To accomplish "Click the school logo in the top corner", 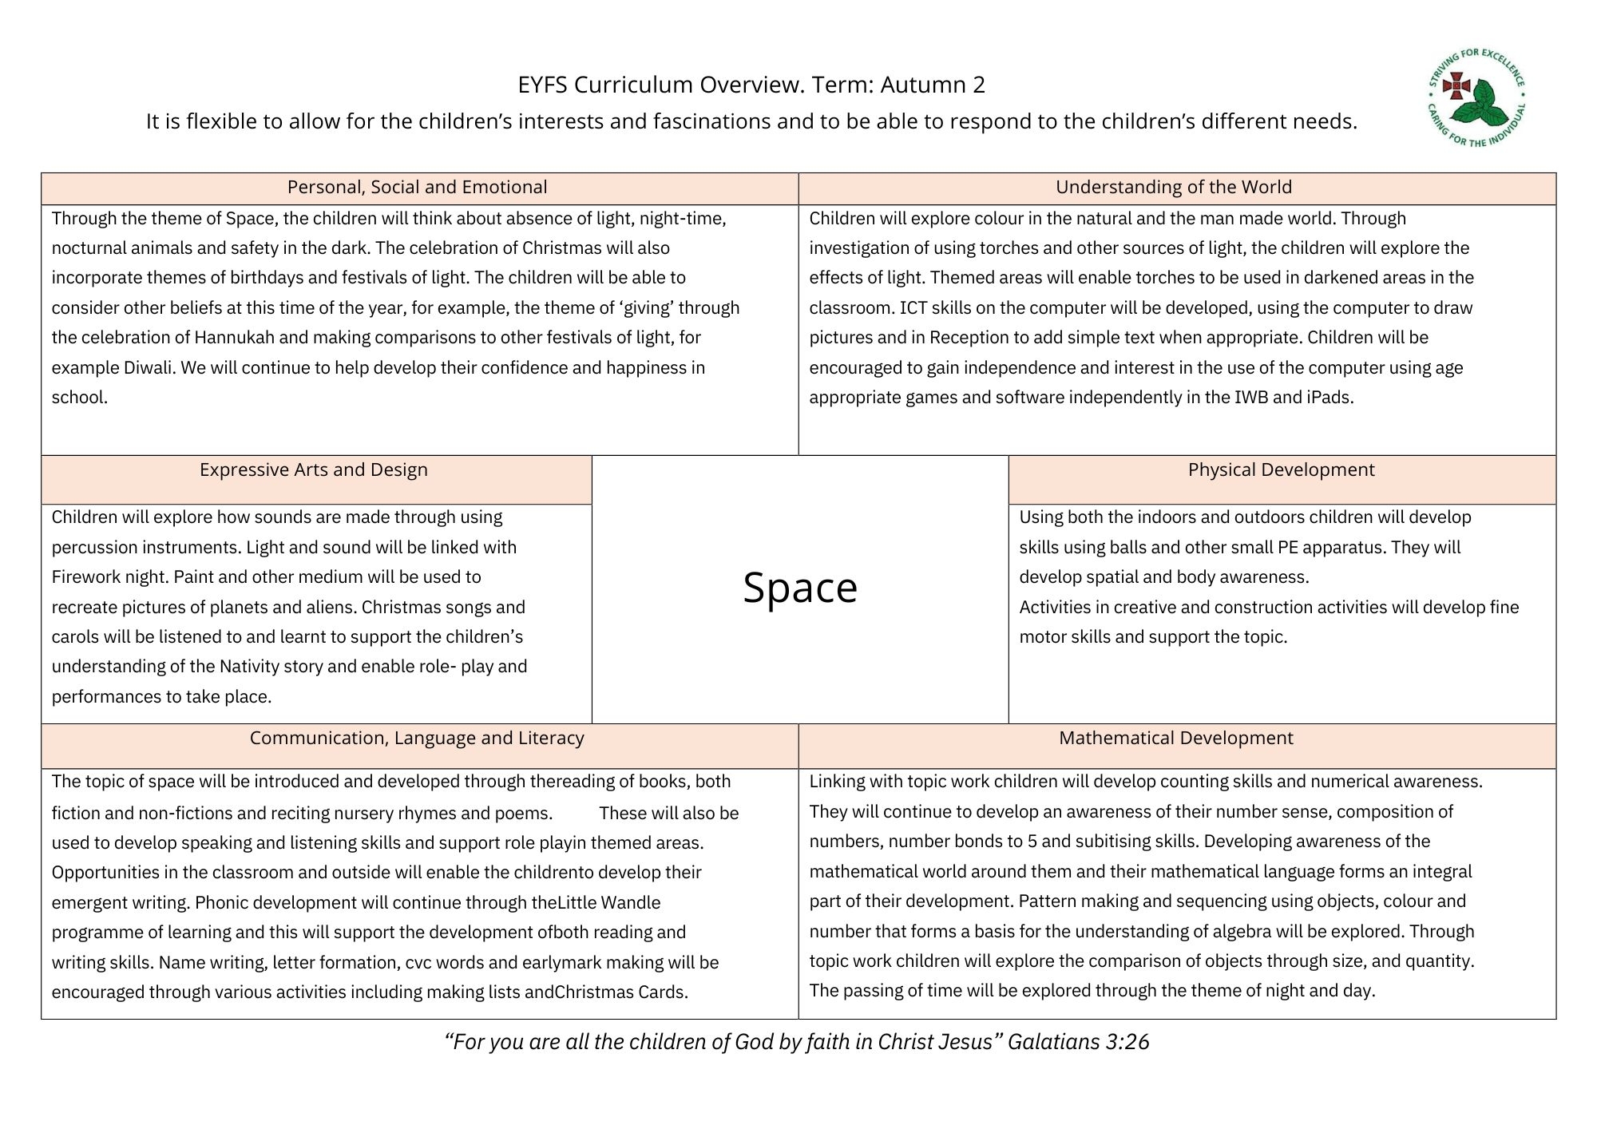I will [1477, 99].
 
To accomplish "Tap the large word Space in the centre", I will [800, 588].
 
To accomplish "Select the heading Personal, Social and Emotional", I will [417, 187].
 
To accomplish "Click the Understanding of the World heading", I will [1173, 187].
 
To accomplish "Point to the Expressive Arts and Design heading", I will [313, 469].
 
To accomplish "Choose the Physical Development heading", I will [1281, 469].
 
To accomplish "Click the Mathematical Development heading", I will [1175, 738].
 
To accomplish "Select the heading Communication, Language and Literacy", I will [417, 738].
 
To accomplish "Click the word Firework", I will [85, 576].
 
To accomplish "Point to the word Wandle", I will [630, 902].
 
